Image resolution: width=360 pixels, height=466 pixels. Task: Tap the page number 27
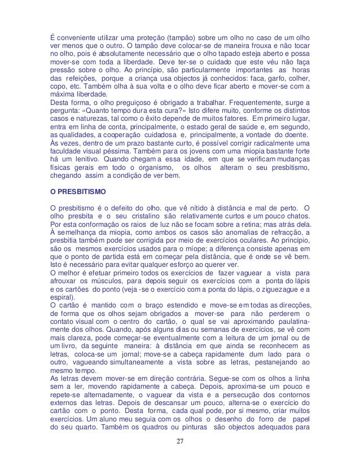[179, 456]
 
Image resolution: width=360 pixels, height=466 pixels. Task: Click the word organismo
[150, 168]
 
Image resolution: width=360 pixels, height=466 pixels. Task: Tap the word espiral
[60, 300]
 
